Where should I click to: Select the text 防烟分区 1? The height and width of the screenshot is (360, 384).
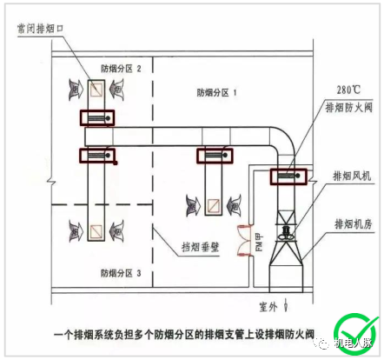click(216, 91)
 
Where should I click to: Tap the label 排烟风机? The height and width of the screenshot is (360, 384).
click(351, 176)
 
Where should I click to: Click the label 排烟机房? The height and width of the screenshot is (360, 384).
click(351, 224)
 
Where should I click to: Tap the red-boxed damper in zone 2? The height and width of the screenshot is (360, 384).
click(96, 117)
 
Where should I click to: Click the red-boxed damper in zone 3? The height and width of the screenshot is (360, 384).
click(96, 156)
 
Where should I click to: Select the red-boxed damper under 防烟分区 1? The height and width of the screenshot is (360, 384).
click(215, 156)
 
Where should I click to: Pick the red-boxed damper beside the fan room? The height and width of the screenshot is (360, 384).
click(288, 177)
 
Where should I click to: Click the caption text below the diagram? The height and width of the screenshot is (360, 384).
click(183, 331)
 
